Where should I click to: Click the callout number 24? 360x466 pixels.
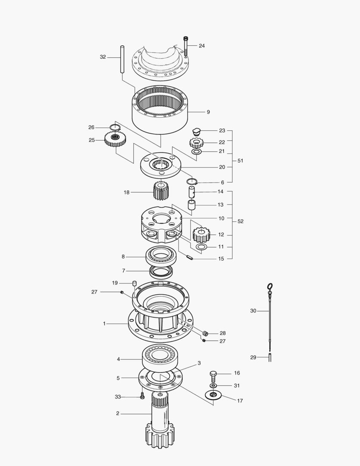tap(202, 46)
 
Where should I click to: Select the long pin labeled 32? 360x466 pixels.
tap(122, 59)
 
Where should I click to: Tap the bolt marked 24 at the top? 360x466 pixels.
tap(186, 46)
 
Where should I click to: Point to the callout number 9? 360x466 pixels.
tap(208, 112)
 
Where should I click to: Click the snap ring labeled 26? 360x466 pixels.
tap(114, 127)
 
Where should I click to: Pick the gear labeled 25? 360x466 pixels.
tap(115, 139)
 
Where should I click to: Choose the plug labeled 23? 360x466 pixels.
tap(196, 131)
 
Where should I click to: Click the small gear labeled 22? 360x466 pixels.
tap(196, 143)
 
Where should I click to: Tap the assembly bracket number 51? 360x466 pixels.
tap(240, 161)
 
